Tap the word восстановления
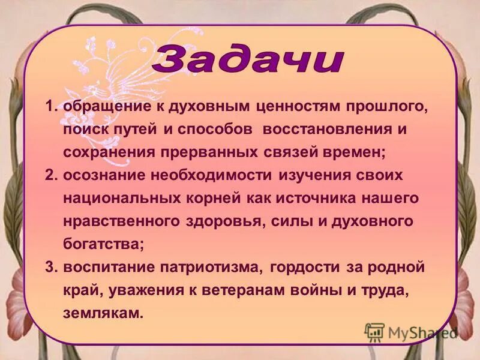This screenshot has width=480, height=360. (x=326, y=130)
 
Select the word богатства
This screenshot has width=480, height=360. (x=103, y=244)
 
